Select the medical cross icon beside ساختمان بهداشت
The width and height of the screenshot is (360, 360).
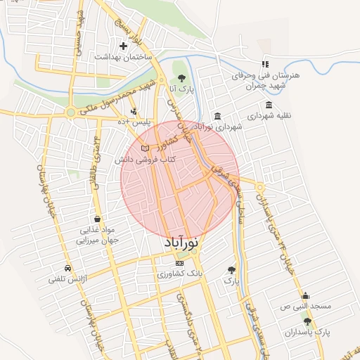pos(123,46)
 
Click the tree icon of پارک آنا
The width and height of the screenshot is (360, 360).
pos(182,77)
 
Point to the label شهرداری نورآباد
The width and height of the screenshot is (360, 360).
pos(217,127)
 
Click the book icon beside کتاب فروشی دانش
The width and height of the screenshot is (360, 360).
pos(145,148)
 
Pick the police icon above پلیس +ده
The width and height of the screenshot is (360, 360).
pos(134,110)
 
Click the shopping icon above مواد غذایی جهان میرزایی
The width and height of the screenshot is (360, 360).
pos(96,219)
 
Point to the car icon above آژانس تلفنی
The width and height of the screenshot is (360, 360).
pos(67,269)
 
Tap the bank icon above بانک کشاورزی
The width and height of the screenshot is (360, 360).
pos(179,262)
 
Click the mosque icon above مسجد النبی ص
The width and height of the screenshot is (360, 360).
pos(304,296)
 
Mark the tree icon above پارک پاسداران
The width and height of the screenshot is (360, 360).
pos(307,321)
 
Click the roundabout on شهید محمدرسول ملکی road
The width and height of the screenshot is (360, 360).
pos(70,112)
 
